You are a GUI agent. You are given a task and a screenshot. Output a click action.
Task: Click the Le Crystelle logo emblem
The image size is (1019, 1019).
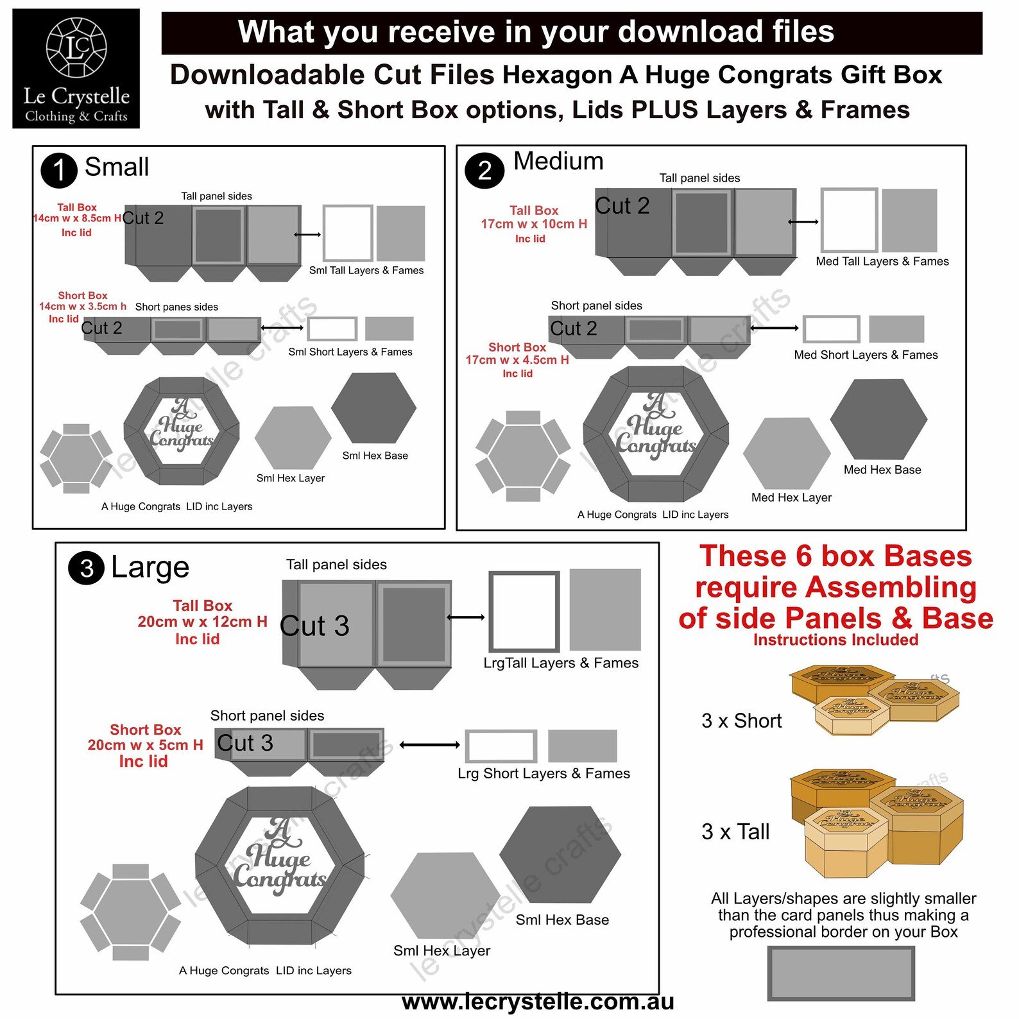point(76,47)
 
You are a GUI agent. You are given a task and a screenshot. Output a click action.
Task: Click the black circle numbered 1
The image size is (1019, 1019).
point(58,170)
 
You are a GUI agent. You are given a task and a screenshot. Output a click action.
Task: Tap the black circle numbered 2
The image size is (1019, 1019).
point(484,170)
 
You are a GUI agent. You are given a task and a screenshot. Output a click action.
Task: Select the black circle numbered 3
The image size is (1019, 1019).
point(87,568)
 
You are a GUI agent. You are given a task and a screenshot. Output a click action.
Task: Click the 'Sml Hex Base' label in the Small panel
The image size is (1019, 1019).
point(375,456)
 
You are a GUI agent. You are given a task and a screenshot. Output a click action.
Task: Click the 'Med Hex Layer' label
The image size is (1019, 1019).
point(791,497)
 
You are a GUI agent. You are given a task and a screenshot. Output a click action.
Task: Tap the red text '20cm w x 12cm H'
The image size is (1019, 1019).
point(202,622)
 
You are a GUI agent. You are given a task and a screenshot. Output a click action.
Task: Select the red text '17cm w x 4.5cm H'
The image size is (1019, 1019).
point(517,360)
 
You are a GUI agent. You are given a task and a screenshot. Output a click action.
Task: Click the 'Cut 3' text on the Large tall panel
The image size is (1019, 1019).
point(314,626)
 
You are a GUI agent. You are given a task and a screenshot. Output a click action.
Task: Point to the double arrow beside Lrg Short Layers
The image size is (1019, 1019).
point(429,745)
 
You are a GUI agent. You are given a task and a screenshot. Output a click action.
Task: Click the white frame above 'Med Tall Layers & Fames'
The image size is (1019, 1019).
point(849,220)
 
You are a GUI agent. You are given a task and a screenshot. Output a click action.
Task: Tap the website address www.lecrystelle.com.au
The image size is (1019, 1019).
point(538,1002)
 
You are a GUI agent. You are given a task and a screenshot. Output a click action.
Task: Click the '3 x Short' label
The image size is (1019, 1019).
point(741,721)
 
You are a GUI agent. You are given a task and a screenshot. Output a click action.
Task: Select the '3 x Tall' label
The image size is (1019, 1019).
point(735,832)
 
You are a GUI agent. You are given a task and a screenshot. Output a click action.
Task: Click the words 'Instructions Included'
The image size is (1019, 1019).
point(835,640)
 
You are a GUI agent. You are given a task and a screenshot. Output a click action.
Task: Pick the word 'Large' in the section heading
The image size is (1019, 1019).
point(150,568)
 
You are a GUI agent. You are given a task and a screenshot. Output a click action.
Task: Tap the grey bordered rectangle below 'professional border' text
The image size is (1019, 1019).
point(841,973)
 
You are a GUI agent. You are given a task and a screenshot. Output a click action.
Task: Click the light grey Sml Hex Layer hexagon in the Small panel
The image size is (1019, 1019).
point(293,438)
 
